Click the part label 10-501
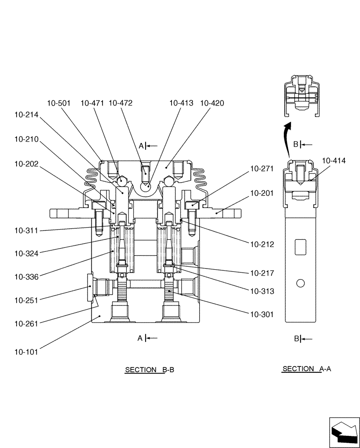tap(59, 103)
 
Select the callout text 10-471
tap(93, 103)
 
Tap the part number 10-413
tap(181, 103)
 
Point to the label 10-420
tap(212, 103)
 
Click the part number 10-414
tap(334, 160)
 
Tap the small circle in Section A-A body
tap(300, 283)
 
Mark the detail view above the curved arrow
tap(301, 95)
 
